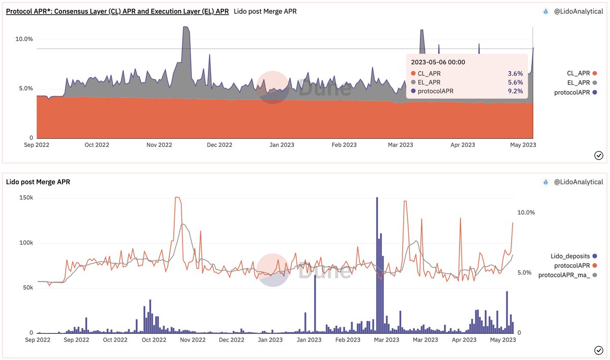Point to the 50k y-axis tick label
(x=26, y=288)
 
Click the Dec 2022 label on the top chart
(x=219, y=145)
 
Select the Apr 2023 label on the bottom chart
(x=464, y=340)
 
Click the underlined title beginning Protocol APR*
(x=117, y=11)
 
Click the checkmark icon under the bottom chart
(x=598, y=350)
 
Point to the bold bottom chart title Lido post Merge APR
(x=38, y=182)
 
